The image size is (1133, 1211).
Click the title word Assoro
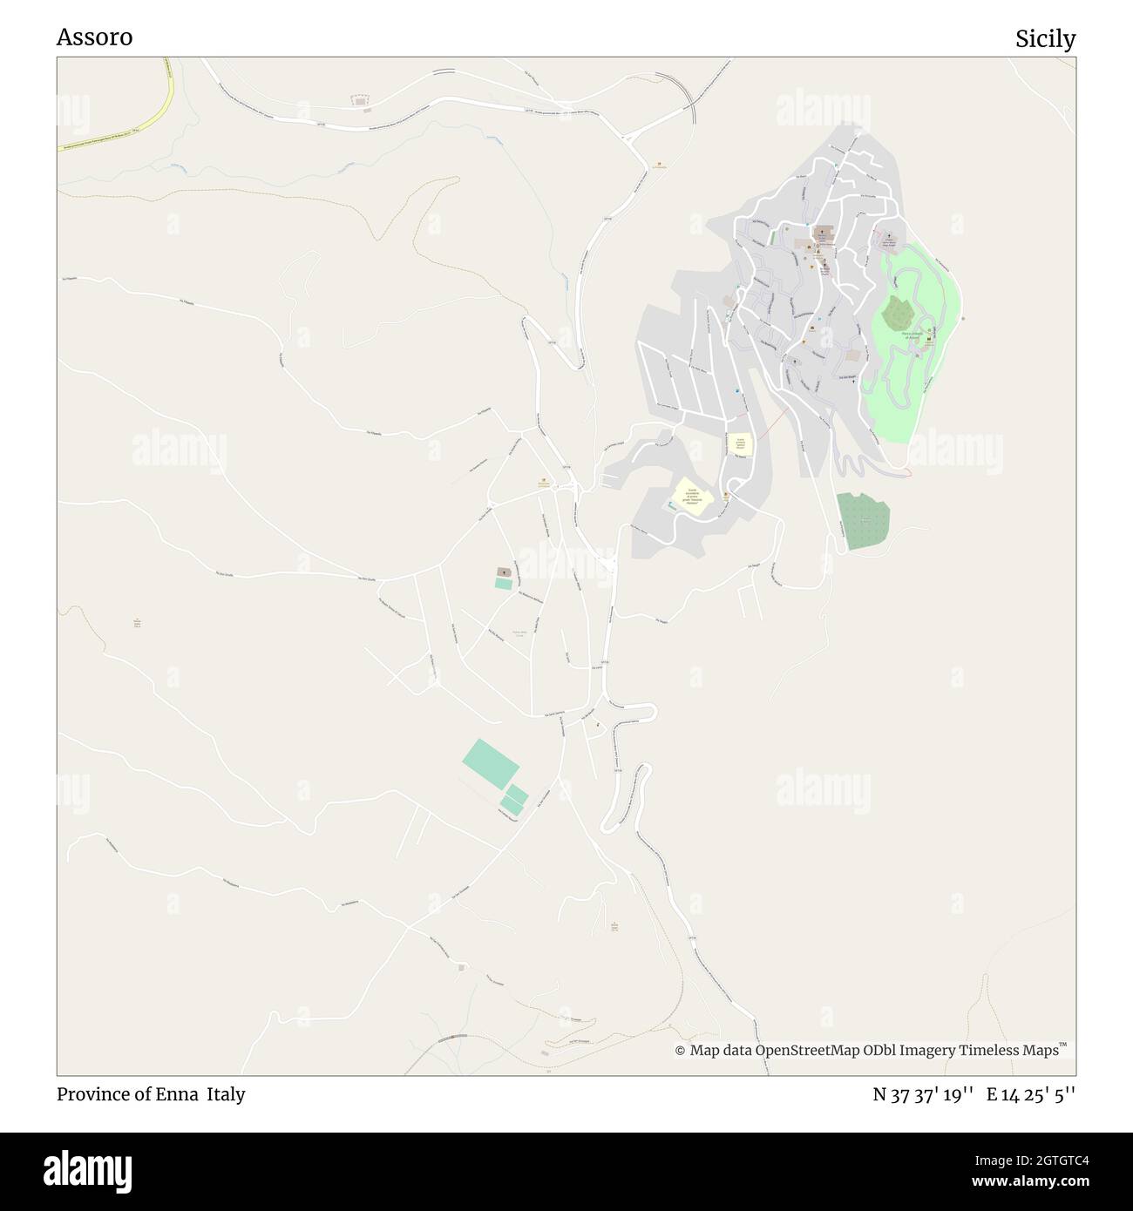pos(94,37)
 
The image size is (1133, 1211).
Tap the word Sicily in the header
pos(1045,39)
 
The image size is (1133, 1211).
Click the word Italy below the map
pos(226,1093)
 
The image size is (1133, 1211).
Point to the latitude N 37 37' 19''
pos(923,1094)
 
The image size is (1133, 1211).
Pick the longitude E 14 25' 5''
pos(1031,1094)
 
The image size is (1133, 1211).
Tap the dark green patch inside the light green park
pos(898,312)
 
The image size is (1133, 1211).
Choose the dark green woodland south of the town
pos(862,520)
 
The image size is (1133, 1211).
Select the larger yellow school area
pos(692,496)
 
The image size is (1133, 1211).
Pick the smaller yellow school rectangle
pos(741,444)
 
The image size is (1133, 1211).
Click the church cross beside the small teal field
pos(504,572)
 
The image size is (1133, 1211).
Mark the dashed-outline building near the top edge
pos(359,102)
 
